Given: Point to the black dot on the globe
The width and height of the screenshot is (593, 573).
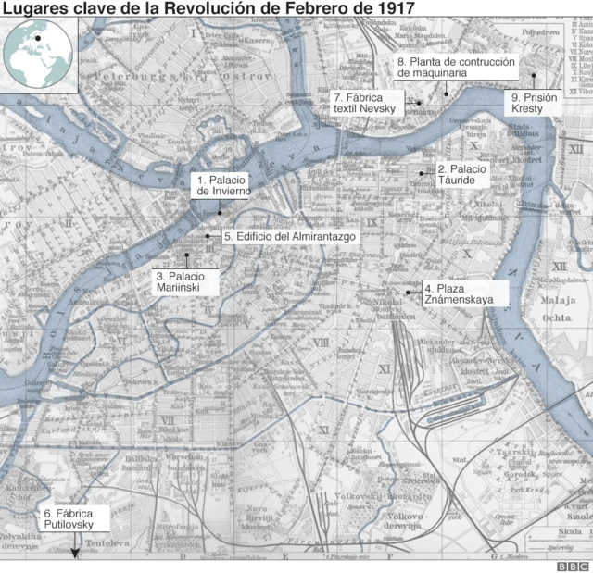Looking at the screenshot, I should pos(38,38).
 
